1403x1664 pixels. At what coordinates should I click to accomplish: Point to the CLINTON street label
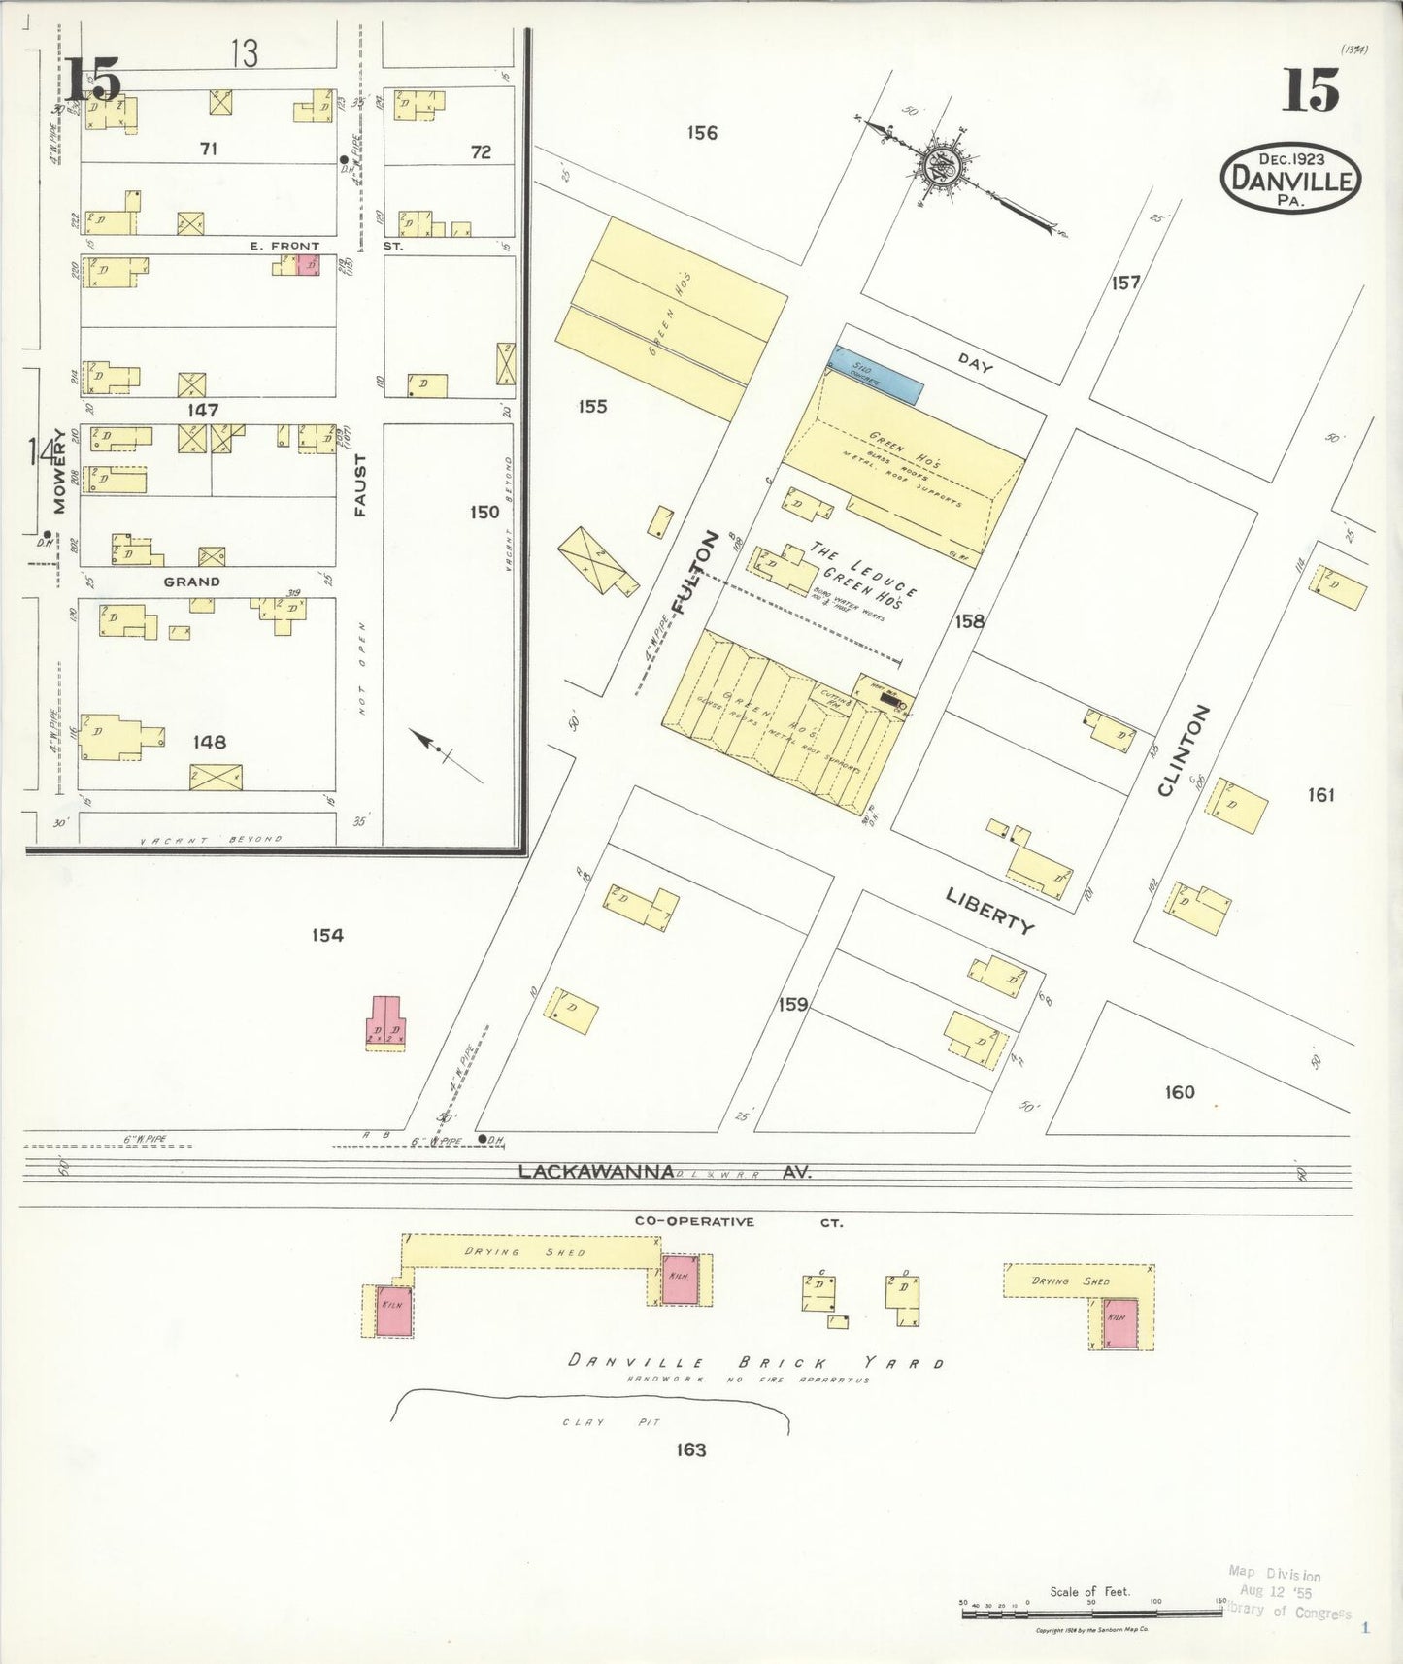coord(1184,750)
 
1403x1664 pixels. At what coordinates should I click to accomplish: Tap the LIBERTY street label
coord(990,909)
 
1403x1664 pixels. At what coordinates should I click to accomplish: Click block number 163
coord(690,1449)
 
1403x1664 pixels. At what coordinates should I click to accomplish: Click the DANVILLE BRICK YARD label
coord(755,1362)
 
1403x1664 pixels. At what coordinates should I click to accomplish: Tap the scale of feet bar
coord(1091,1613)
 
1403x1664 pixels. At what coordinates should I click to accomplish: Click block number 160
coord(1179,1092)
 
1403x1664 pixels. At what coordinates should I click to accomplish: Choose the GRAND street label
coord(191,582)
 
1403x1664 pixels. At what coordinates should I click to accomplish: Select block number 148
coord(209,742)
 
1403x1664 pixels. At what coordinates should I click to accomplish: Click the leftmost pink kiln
coord(394,1311)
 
